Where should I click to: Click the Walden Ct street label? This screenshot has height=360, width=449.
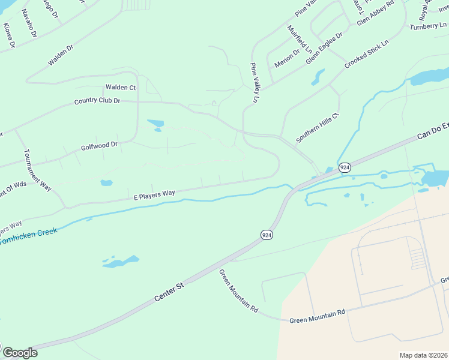point(121,88)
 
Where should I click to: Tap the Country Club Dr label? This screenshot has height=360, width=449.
point(97,101)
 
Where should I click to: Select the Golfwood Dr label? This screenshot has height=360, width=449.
point(99,146)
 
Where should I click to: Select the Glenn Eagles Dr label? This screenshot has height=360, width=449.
point(324,48)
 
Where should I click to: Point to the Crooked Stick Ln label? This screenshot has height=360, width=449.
point(367,54)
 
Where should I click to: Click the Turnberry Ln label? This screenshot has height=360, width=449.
point(428,26)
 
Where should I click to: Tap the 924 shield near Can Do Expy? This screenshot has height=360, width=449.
point(345,167)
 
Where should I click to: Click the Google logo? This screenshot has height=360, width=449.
point(20,353)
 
